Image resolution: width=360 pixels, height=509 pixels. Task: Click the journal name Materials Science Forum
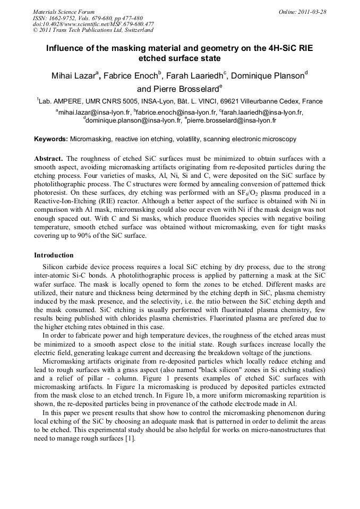coord(64,12)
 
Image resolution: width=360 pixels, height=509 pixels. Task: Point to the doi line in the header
coord(93,24)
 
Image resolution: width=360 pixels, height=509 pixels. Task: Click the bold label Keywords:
coord(51,139)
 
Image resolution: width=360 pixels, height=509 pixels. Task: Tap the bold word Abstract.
coord(49,159)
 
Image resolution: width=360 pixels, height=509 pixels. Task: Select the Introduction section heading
coord(54,255)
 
